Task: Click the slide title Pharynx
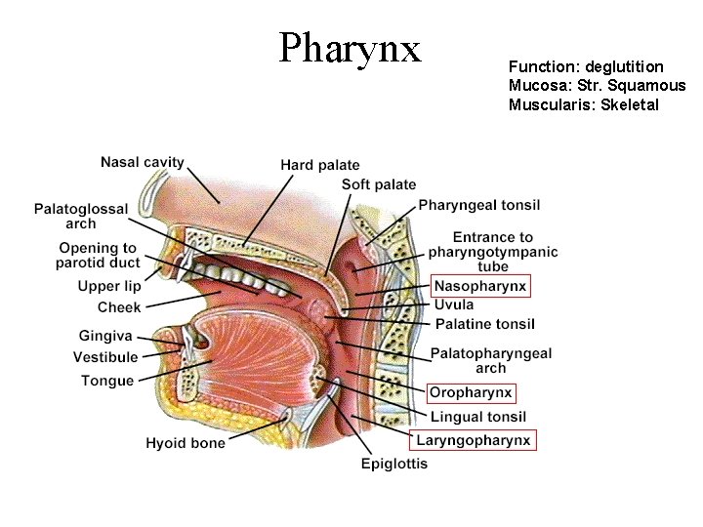point(350,47)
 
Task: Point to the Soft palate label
point(379,184)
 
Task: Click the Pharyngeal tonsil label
point(478,205)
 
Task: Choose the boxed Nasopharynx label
point(480,286)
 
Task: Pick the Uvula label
point(454,304)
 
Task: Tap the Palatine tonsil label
point(484,324)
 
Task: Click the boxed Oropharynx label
point(471,393)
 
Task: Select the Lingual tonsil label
point(478,417)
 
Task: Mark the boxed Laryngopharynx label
point(474,440)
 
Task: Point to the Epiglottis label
point(394,465)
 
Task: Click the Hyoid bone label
point(186,443)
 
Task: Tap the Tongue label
point(107,381)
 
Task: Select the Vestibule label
point(105,357)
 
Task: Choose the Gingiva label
point(106,336)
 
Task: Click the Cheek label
point(119,307)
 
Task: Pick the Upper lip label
point(109,286)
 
